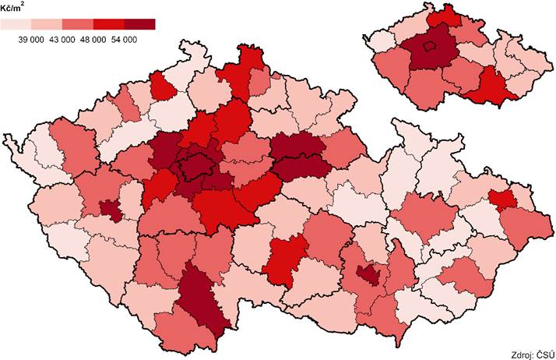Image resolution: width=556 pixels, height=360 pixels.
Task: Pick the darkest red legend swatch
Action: [139, 25]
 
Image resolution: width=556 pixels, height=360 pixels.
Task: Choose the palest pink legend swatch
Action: [16, 25]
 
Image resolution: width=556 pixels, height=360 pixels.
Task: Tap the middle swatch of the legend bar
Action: [77, 25]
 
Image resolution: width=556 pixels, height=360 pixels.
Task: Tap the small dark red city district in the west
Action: [111, 209]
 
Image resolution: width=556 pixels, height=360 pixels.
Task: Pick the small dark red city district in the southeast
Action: [368, 274]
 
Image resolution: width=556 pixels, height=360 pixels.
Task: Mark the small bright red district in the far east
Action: [503, 199]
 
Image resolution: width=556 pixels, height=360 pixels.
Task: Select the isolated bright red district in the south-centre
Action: [287, 259]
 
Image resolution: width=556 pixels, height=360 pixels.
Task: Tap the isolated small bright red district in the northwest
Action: [163, 86]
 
